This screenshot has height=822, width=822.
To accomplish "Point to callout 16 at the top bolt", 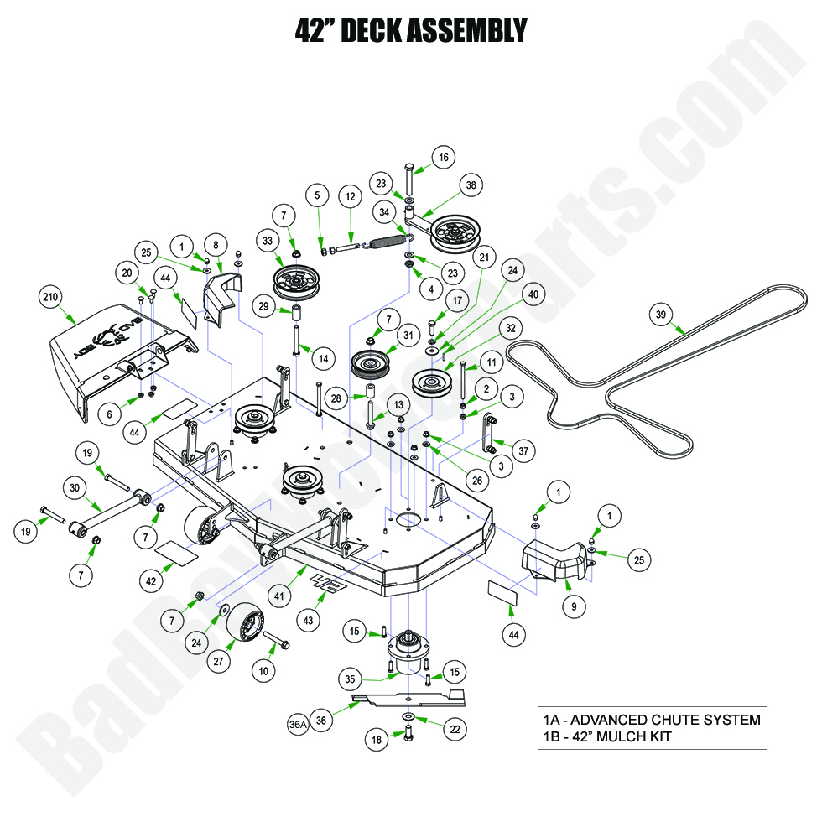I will pos(443,157).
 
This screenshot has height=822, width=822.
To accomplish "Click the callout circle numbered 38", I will pos(471,186).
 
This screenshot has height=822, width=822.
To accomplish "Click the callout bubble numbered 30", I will pos(75,487).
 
